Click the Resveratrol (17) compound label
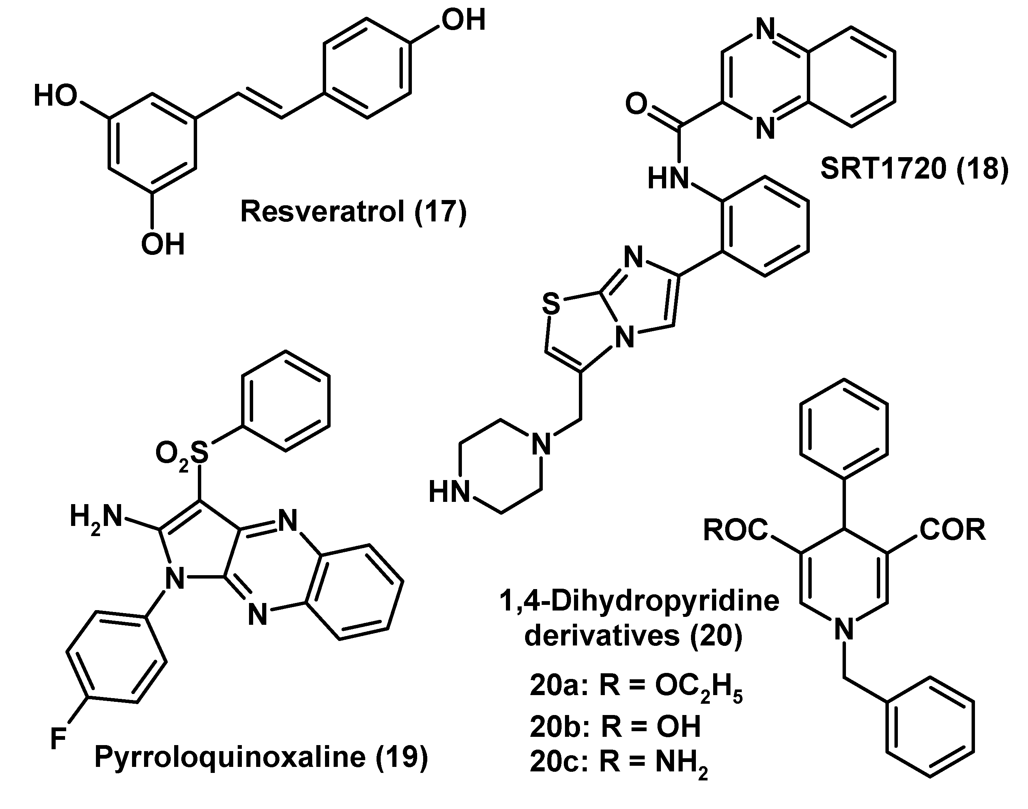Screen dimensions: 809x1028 (x=353, y=211)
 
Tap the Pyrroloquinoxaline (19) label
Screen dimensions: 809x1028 (x=261, y=756)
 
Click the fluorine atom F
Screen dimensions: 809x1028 (x=58, y=738)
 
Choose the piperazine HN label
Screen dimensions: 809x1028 (x=448, y=492)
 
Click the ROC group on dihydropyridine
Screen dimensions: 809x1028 (x=735, y=530)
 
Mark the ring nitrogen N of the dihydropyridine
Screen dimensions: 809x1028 (x=844, y=629)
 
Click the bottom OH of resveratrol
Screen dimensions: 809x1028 (x=162, y=244)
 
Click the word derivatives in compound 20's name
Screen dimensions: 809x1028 (x=602, y=635)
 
